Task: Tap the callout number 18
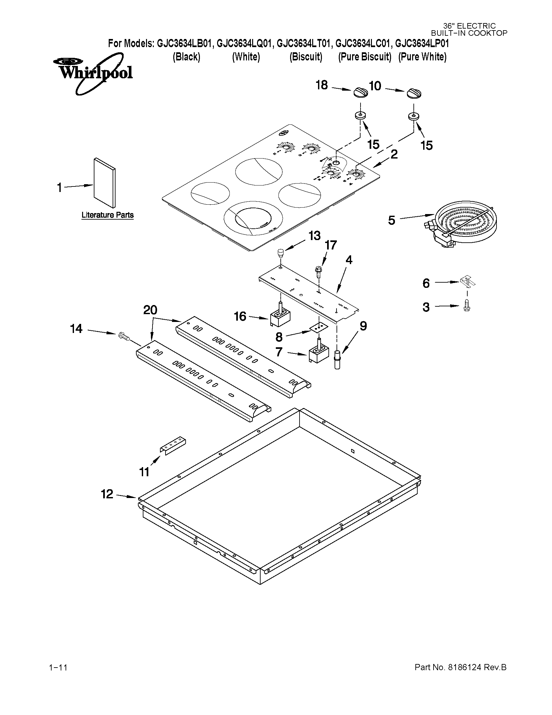[322, 85]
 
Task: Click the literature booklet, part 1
[104, 183]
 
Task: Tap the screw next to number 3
[467, 307]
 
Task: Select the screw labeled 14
[123, 336]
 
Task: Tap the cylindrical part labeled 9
[337, 360]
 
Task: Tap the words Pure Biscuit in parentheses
[365, 57]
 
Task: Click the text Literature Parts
[107, 215]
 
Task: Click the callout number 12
[107, 494]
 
